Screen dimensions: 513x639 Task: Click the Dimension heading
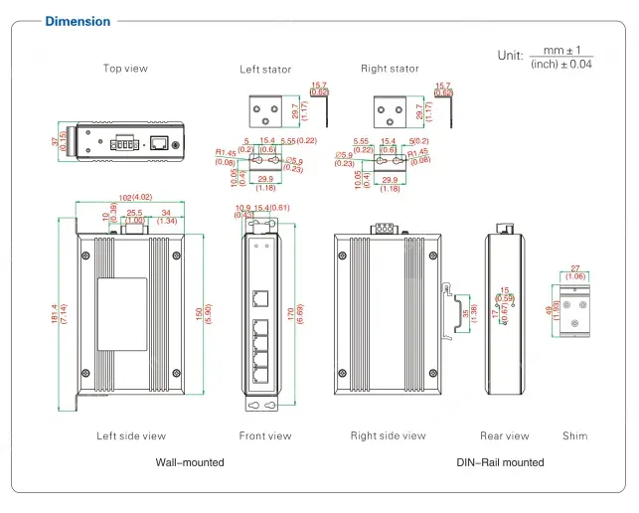(x=79, y=21)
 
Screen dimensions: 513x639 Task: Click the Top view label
(x=126, y=69)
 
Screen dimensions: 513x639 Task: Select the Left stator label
(x=265, y=70)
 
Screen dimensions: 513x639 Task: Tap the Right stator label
(x=390, y=69)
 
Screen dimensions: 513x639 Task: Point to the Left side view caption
(x=131, y=435)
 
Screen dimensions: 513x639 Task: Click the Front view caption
(x=265, y=435)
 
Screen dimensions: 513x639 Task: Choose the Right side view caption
(x=388, y=435)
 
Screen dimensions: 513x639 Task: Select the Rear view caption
(x=505, y=435)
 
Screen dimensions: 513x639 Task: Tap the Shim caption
(x=574, y=435)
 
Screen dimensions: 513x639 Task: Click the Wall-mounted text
(x=190, y=462)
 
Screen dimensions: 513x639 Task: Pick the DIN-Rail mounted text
(x=500, y=462)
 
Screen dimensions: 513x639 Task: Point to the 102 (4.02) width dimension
(x=127, y=197)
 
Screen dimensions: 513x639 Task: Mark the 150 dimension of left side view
(x=200, y=314)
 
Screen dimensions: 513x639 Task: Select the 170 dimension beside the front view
(x=291, y=313)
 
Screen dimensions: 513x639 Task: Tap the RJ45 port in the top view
(x=158, y=142)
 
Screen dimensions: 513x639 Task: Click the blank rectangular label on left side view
(x=121, y=313)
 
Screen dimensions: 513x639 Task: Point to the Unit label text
(x=510, y=55)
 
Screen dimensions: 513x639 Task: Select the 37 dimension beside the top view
(x=57, y=142)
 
